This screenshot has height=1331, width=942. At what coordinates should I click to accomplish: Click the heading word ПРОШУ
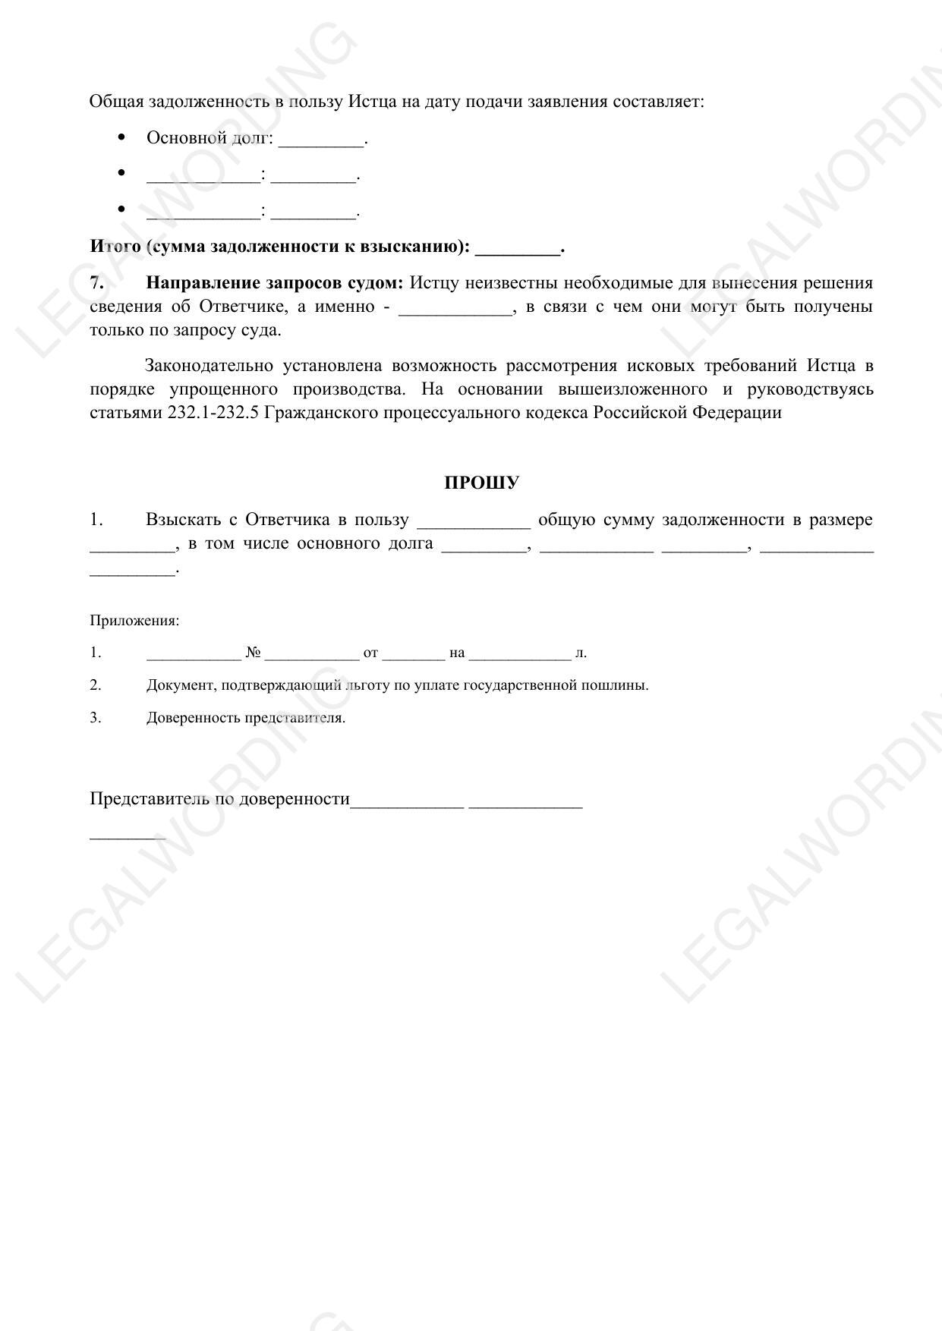click(481, 483)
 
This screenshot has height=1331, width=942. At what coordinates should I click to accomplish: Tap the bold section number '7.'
click(96, 283)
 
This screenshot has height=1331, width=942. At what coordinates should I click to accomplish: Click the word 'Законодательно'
click(209, 366)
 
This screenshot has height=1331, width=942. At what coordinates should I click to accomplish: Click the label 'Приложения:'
click(134, 621)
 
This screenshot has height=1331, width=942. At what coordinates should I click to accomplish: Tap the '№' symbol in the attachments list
click(254, 653)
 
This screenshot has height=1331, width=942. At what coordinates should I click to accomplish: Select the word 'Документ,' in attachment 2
click(181, 685)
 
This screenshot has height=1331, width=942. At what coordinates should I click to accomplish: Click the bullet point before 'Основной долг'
click(121, 137)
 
